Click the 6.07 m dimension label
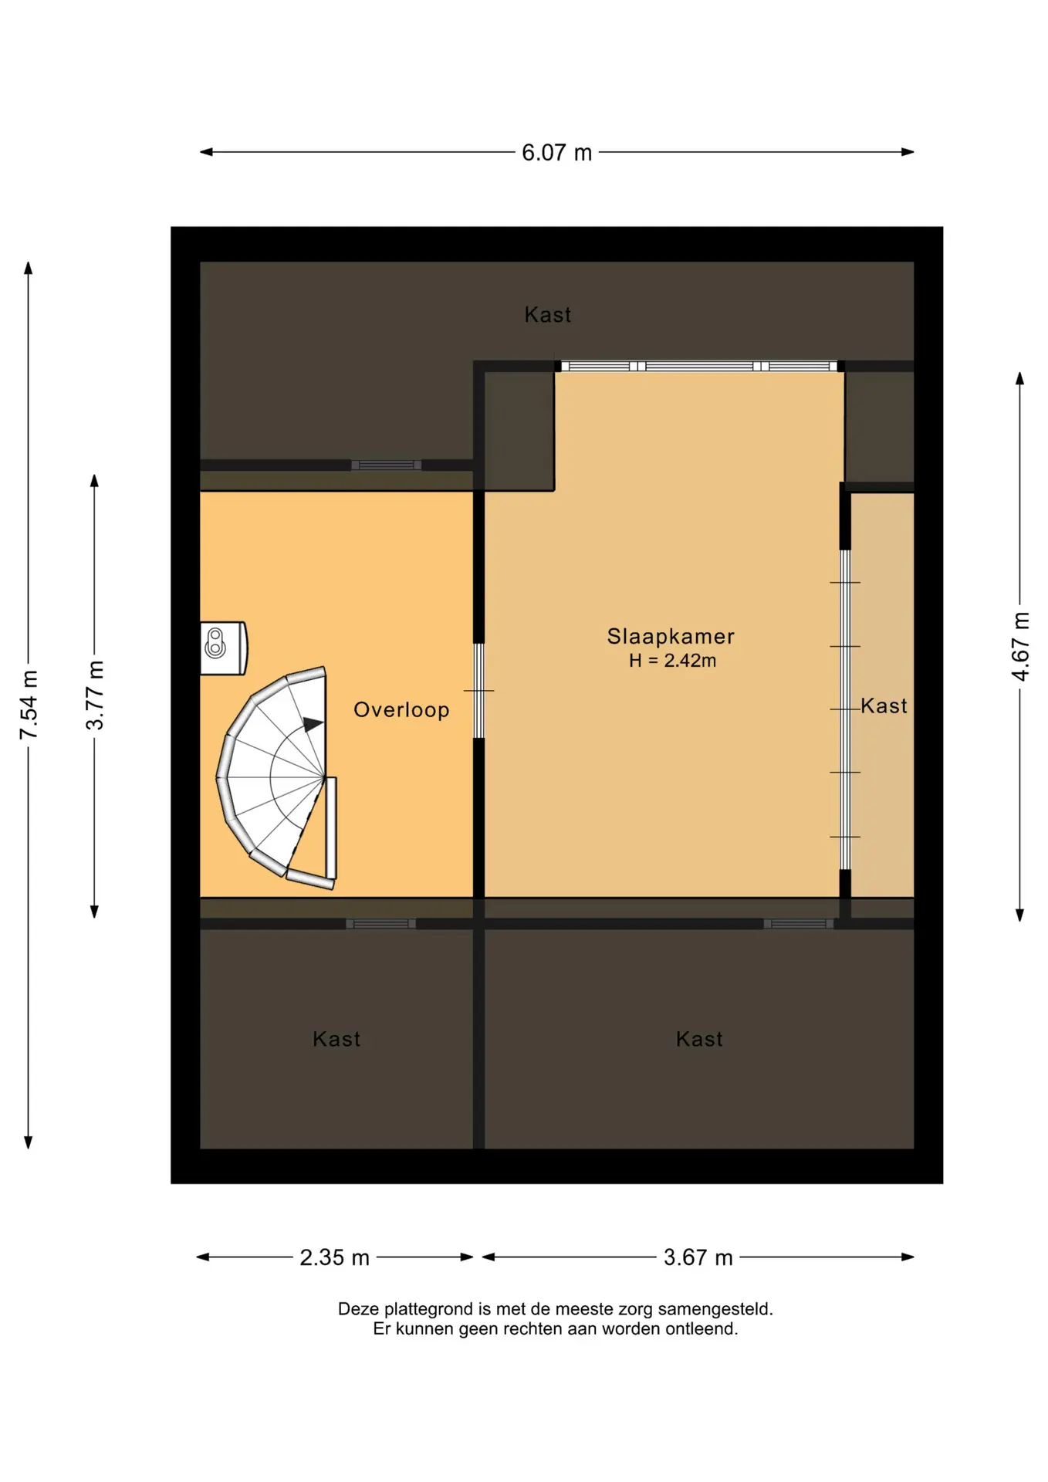(556, 153)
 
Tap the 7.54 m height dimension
(29, 705)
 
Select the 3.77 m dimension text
(95, 695)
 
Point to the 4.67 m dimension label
(1020, 646)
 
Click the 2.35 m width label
(334, 1257)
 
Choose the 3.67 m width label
(698, 1257)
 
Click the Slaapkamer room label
(671, 636)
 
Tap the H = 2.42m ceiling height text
(672, 661)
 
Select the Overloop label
(401, 710)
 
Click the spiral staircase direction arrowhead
(313, 724)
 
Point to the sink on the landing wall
(224, 648)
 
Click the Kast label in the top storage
(548, 315)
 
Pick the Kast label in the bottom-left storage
(336, 1039)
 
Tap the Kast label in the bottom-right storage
(699, 1039)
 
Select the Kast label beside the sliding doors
(884, 706)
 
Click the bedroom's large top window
(699, 366)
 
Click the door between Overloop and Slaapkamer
(478, 691)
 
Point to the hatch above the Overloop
(386, 465)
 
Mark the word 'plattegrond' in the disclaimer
(428, 1309)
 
